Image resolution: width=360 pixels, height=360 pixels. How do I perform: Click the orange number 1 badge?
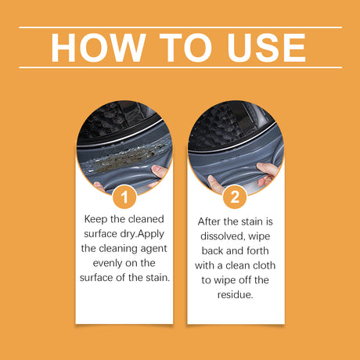point(124,195)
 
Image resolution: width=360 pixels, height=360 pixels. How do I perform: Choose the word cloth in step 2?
point(261,265)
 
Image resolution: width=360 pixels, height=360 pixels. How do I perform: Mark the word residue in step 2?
point(236,295)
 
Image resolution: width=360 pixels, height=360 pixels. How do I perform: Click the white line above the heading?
point(180,27)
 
